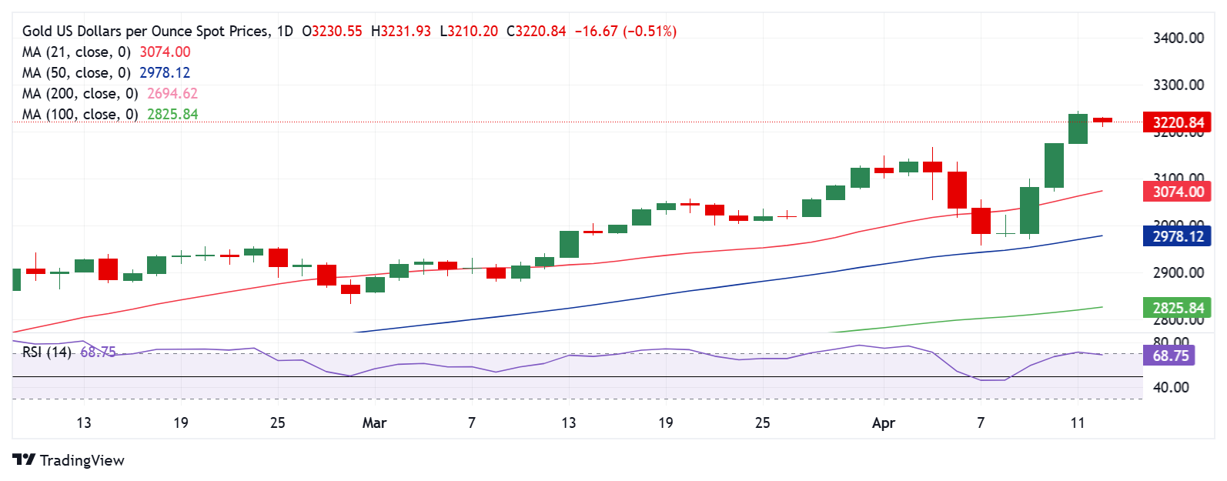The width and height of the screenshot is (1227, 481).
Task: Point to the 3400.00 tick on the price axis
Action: pyautogui.click(x=1178, y=38)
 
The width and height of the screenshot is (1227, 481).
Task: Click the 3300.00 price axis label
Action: pyautogui.click(x=1178, y=85)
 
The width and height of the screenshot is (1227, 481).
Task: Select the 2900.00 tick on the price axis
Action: pyautogui.click(x=1178, y=272)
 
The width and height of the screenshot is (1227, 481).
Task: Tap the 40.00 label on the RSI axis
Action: pyautogui.click(x=1171, y=387)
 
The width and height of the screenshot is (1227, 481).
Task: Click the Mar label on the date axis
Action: pyautogui.click(x=374, y=423)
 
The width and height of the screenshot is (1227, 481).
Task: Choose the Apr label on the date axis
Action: pyautogui.click(x=884, y=423)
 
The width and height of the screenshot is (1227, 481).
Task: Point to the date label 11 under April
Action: pyautogui.click(x=1078, y=423)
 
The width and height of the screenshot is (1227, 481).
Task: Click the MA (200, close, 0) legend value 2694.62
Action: pyautogui.click(x=172, y=94)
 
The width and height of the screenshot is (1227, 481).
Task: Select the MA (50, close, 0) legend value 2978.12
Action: pyautogui.click(x=165, y=73)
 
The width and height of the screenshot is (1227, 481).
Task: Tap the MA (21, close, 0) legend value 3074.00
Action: pyautogui.click(x=165, y=52)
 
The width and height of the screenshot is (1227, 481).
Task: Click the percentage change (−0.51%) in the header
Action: pyautogui.click(x=650, y=32)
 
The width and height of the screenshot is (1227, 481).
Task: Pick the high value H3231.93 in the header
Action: pyautogui.click(x=401, y=32)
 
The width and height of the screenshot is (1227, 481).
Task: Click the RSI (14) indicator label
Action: pyautogui.click(x=47, y=352)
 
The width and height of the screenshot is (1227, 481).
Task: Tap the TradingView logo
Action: pyautogui.click(x=69, y=460)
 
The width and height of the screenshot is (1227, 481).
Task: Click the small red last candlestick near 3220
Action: pyautogui.click(x=1102, y=120)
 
